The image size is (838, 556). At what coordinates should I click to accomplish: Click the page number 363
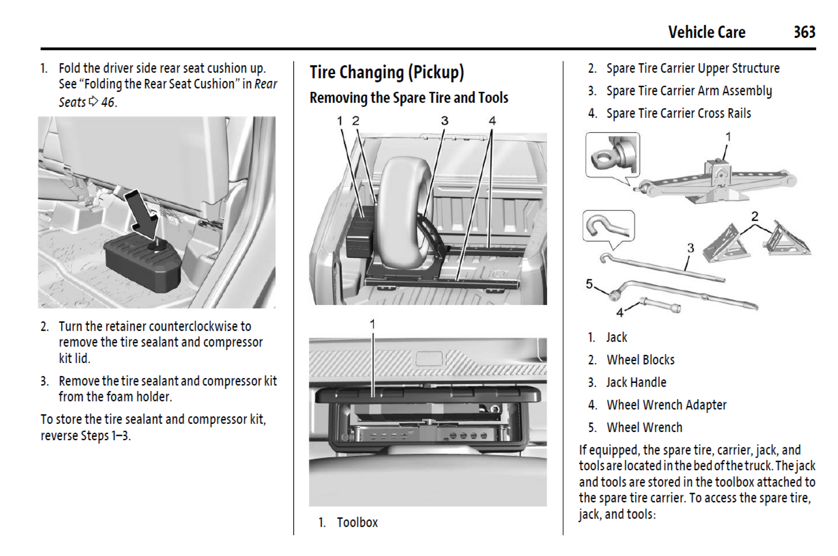(804, 32)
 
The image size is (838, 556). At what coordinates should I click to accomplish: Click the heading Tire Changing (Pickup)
(387, 72)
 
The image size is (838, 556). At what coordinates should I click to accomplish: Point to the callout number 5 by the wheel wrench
(589, 284)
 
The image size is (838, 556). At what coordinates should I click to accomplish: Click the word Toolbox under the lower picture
(357, 522)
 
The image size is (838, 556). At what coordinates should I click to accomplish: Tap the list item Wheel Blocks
(640, 360)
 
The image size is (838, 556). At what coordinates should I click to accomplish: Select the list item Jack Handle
(636, 382)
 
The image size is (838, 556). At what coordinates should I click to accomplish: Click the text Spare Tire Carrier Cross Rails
(678, 113)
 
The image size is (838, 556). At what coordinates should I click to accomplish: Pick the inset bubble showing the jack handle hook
(608, 226)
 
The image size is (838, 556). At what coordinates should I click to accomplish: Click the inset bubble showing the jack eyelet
(612, 154)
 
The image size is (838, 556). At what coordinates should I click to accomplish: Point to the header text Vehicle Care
(707, 32)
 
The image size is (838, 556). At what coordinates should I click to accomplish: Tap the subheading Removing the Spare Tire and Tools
(409, 98)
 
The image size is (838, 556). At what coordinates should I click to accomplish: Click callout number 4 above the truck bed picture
(492, 121)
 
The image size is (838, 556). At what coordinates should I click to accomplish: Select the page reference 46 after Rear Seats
(108, 103)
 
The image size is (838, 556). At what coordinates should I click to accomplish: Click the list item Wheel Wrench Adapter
(666, 405)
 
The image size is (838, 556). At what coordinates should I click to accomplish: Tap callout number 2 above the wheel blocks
(754, 216)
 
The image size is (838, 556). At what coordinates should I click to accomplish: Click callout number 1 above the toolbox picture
(372, 324)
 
